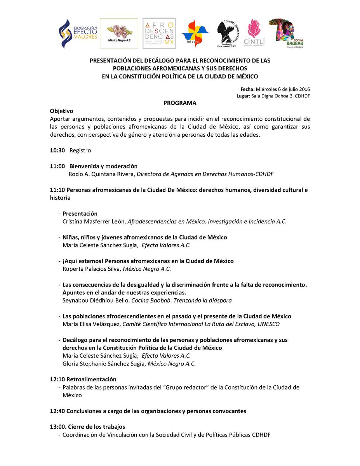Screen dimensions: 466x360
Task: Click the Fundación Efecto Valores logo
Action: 78,34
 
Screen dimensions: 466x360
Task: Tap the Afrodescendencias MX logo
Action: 159,33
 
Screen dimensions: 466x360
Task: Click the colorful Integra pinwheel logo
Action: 195,33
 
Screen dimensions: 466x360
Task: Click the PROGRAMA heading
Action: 180,103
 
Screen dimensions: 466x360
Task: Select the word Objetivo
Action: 61,111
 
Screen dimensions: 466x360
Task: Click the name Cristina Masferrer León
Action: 94,221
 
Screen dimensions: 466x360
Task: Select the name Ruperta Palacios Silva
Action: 92,269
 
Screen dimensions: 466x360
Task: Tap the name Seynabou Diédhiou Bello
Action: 96,300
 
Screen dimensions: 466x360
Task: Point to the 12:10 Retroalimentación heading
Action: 83,379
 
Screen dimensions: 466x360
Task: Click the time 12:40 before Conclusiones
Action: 57,411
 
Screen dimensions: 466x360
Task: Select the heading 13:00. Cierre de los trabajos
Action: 87,426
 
